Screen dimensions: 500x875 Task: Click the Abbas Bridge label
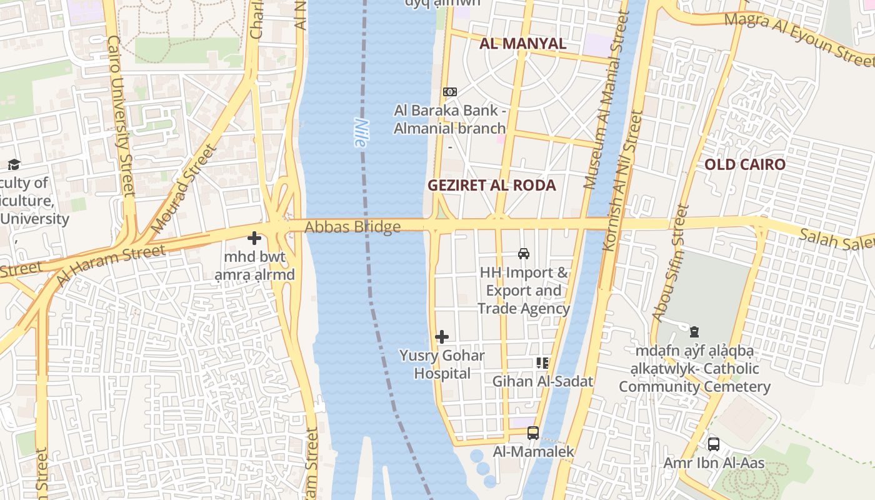pos(352,227)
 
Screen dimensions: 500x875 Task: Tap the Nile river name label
pos(359,132)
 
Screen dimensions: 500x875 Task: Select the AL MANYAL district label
pos(522,44)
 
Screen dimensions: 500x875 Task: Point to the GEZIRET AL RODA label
pos(491,186)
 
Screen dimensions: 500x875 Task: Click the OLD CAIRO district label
pos(744,165)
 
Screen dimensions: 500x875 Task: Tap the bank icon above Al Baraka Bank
pos(449,92)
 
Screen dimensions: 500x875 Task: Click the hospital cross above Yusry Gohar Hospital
pos(442,337)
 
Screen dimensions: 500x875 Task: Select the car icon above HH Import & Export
pos(524,254)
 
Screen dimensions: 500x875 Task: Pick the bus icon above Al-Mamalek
pos(533,432)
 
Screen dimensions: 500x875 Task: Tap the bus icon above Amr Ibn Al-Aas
pos(713,444)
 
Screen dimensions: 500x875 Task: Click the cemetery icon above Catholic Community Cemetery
pos(694,331)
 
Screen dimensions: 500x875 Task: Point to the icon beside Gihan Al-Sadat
pos(542,362)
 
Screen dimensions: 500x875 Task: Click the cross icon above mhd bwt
pos(254,238)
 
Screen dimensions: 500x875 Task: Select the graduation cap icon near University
pos(14,165)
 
